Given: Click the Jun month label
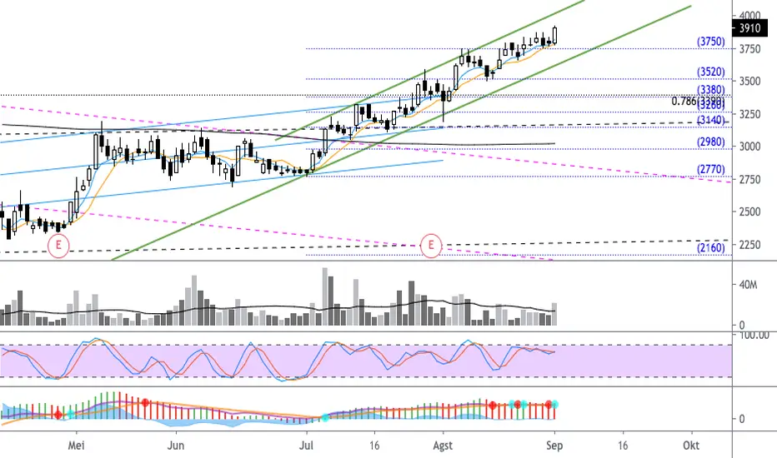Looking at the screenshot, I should click(175, 446).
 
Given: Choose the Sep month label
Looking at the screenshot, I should click(555, 446).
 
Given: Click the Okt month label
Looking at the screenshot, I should click(689, 446).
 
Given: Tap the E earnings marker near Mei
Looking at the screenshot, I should click(58, 245).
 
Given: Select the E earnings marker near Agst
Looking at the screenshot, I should click(431, 245).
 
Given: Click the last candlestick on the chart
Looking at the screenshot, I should click(555, 35).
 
